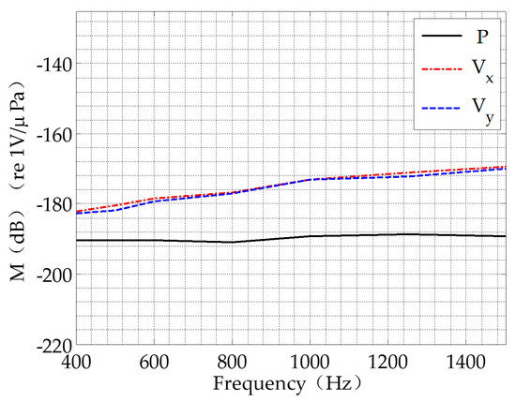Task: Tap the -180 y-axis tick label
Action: pos(56,204)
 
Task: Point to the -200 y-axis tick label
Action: pos(56,275)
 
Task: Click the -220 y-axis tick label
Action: pos(56,345)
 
